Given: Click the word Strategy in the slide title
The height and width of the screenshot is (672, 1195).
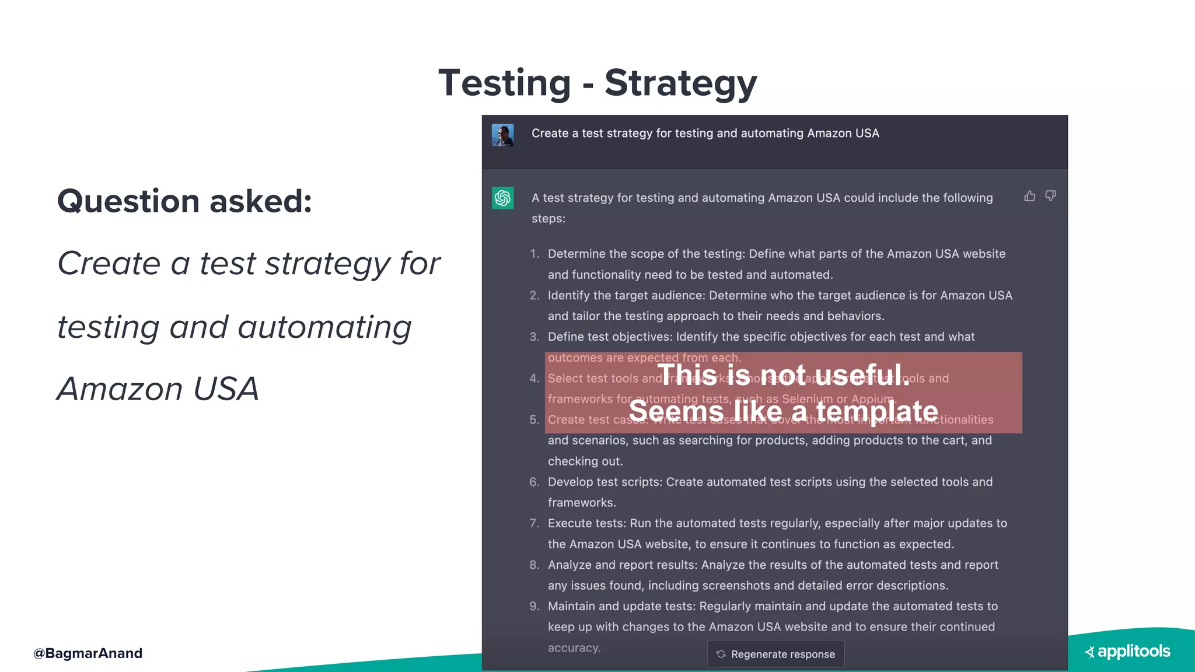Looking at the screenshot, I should [680, 83].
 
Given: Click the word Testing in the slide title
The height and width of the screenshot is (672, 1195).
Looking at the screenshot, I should [505, 83].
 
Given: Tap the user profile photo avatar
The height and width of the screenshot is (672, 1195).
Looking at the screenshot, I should [502, 135].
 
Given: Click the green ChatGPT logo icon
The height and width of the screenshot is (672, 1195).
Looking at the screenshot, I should [502, 198].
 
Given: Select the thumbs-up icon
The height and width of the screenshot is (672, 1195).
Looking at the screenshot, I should [1030, 196].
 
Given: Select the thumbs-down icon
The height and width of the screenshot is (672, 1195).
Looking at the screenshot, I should [1050, 196].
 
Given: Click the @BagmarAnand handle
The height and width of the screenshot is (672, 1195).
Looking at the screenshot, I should [88, 653].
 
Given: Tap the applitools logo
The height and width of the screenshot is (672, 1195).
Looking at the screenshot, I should [1128, 652].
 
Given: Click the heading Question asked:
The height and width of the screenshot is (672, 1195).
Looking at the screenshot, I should [184, 201].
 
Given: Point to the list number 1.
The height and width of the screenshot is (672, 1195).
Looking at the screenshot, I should [534, 254].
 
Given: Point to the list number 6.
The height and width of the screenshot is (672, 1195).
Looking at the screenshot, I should [534, 482].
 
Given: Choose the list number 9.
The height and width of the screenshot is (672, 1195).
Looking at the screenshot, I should [534, 606].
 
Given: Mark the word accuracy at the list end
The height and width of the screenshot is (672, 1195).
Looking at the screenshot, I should [574, 647].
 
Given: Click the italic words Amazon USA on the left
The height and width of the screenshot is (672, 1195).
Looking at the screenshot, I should [158, 389].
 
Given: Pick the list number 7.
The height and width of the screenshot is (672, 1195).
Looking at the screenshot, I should [534, 523].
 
